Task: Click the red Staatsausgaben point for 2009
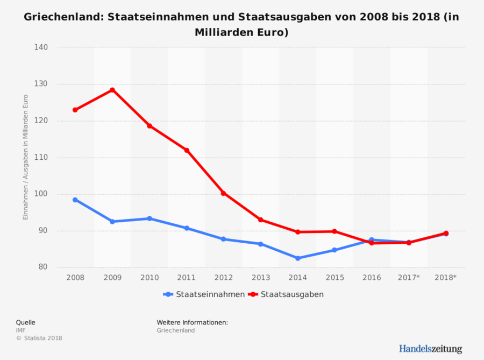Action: pos(112,90)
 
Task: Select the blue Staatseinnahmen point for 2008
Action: pos(75,200)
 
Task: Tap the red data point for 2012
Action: pos(224,193)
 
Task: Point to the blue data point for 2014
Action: pos(298,258)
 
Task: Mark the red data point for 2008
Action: pos(75,110)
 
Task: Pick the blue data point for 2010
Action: pos(150,218)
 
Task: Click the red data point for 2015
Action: pos(334,231)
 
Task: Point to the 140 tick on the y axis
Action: pos(42,47)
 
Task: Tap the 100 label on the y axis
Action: pos(42,194)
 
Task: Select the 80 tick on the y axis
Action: pos(44,267)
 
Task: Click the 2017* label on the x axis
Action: pos(409,278)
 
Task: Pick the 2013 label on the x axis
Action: pos(261,278)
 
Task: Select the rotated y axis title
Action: pos(25,157)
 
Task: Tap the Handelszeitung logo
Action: pos(430,348)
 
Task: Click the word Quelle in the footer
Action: pos(26,322)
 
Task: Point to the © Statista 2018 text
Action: pos(39,338)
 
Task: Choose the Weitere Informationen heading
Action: pos(193,322)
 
